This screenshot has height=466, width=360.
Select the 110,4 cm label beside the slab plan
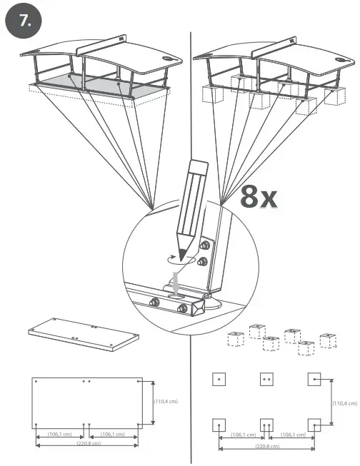166,401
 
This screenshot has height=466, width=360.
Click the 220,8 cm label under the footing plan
266,447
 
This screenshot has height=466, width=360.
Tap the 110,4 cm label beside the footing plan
345,403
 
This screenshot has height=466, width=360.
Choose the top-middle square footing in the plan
266,379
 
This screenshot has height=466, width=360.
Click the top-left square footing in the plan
219,379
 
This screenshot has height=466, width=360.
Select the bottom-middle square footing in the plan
266,425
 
